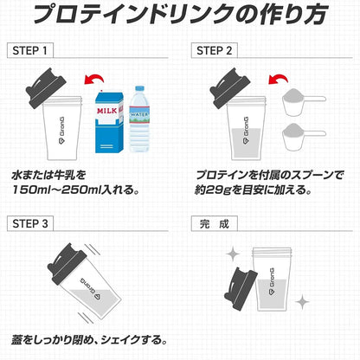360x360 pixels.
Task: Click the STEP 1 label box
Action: (30, 51)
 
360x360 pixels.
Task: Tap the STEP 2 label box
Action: (215, 51)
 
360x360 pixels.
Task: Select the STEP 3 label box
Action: (30, 223)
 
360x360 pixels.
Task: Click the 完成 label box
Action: (215, 224)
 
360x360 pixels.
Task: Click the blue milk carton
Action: (110, 121)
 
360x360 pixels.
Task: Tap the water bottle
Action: (139, 119)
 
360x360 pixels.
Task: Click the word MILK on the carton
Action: (107, 111)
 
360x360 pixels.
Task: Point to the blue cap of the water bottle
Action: (139, 88)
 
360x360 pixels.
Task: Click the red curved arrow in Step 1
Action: (94, 77)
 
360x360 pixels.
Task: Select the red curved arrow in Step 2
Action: (279, 77)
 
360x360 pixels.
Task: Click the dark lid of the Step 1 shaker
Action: (45, 88)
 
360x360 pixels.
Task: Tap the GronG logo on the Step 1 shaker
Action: (61, 131)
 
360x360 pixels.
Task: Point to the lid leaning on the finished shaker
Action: (241, 289)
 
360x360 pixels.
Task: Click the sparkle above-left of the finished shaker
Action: (233, 254)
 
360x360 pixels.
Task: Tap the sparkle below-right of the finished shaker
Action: (302, 302)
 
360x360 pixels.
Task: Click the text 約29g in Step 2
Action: (214, 190)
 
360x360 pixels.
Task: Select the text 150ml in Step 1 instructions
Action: (31, 190)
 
